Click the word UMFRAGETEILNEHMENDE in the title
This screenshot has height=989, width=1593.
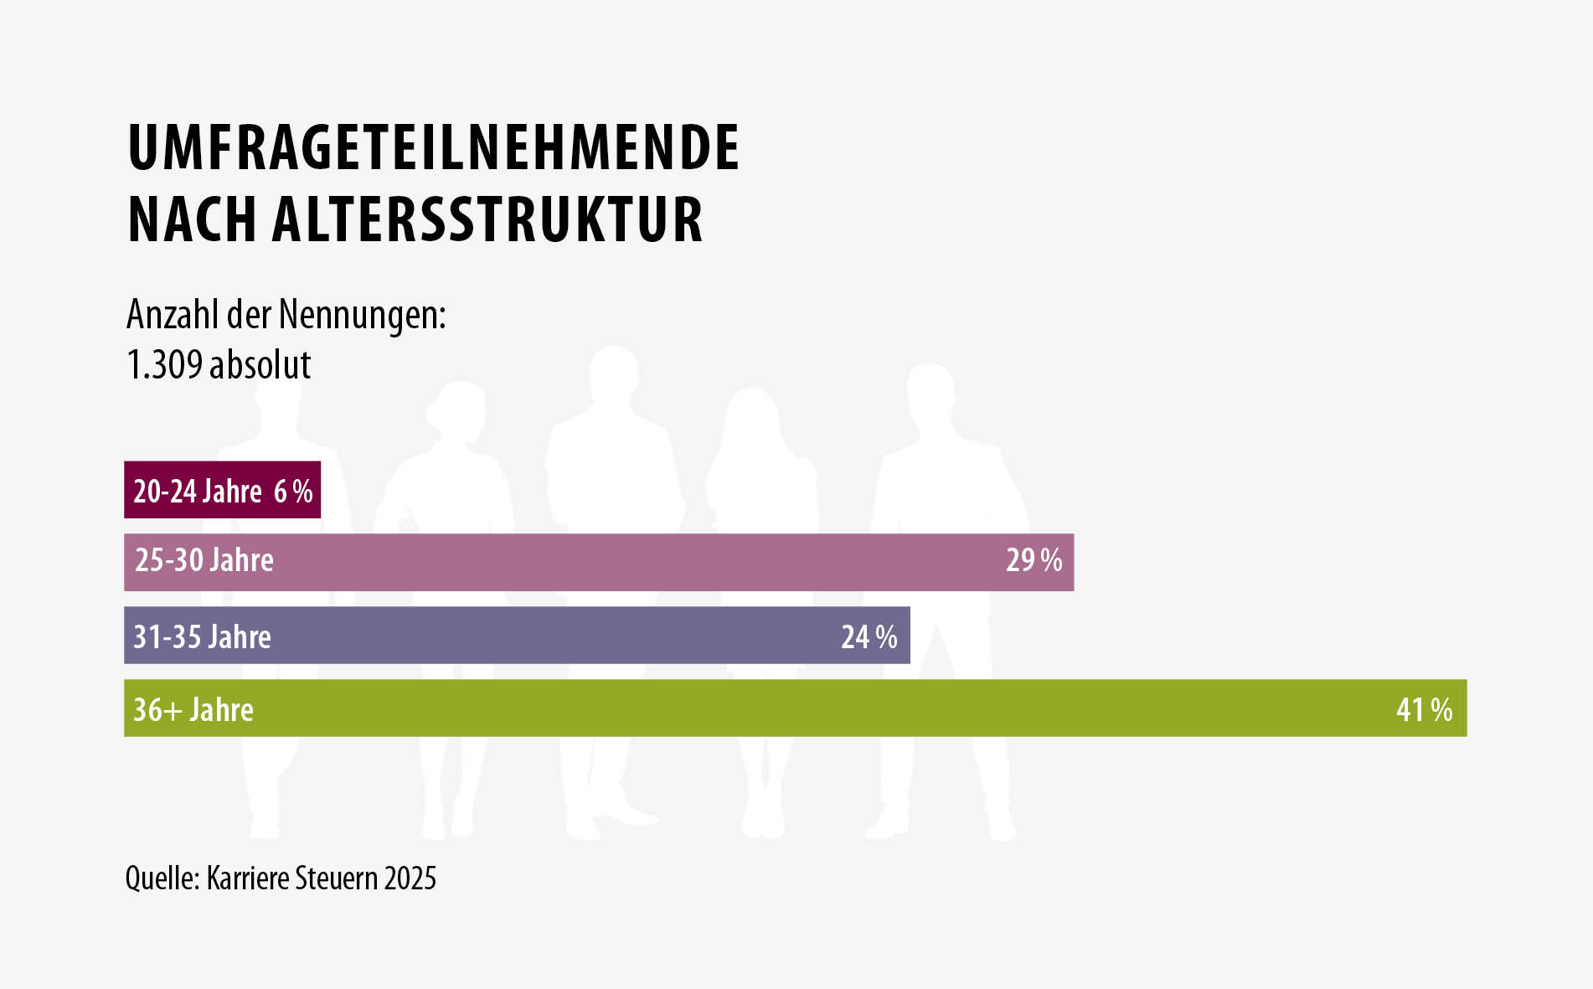click(x=433, y=147)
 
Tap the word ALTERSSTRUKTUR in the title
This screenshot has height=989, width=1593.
click(x=487, y=219)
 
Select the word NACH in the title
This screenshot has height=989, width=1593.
click(x=192, y=219)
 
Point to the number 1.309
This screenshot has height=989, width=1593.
click(x=164, y=365)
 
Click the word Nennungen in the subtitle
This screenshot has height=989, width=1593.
click(x=362, y=316)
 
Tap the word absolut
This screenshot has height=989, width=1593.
click(x=260, y=365)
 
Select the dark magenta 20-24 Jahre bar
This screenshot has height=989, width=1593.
click(x=222, y=490)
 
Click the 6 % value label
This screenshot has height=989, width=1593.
click(x=293, y=492)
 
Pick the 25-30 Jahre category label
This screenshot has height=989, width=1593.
click(x=204, y=560)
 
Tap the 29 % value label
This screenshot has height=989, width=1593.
click(x=1034, y=560)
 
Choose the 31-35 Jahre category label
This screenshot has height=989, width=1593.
click(x=203, y=637)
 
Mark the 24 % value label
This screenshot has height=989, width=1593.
click(x=869, y=637)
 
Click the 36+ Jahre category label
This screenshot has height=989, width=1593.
click(x=193, y=710)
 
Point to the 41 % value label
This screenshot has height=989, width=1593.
click(x=1424, y=710)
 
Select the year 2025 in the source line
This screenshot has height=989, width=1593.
click(x=410, y=878)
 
